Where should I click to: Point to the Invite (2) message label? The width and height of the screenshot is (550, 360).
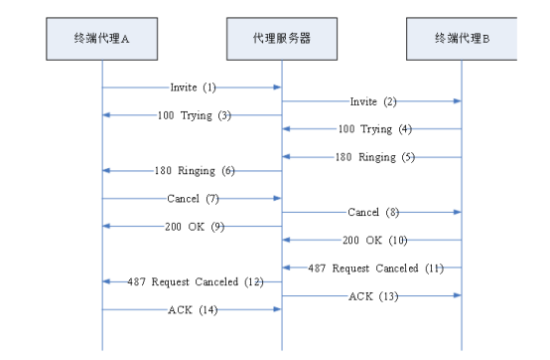tap(372, 101)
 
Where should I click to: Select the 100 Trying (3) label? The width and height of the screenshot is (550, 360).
tap(194, 115)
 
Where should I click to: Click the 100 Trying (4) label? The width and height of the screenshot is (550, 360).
tap(373, 129)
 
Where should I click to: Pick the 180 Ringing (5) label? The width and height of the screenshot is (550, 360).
tap(373, 157)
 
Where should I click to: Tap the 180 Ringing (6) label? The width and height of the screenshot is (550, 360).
tap(194, 171)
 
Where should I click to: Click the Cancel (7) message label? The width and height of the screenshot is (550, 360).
tap(192, 199)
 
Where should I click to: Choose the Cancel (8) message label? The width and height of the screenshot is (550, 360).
tap(372, 213)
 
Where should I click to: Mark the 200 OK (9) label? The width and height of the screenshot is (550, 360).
tap(195, 227)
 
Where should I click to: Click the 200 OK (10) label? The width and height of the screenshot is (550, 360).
tap(374, 241)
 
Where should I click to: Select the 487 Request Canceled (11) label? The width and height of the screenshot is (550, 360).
tap(374, 269)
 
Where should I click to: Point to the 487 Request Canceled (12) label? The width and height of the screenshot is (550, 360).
tap(195, 282)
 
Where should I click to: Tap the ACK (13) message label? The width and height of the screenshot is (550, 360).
tap(372, 296)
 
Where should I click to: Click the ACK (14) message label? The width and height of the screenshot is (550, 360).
tap(192, 310)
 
